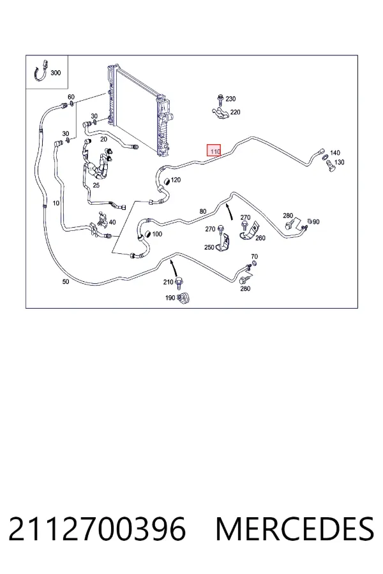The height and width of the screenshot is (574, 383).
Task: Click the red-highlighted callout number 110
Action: point(214,151)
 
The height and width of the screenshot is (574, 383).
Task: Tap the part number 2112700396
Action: point(97,529)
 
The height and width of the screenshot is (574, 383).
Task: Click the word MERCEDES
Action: point(295,529)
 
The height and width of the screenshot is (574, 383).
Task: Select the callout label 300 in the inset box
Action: point(56,73)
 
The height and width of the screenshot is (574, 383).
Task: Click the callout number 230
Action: point(230,99)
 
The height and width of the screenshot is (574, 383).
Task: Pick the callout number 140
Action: point(335,152)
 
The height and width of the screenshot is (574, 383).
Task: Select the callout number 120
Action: point(176,180)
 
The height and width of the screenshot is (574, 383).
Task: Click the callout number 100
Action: point(157,234)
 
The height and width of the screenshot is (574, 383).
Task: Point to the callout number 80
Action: point(203,211)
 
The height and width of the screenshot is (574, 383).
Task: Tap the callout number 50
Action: point(66,281)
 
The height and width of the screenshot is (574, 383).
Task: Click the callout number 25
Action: point(96,185)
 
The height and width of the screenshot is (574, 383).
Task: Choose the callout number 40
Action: point(112,222)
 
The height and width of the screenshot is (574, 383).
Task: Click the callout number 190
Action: point(170,298)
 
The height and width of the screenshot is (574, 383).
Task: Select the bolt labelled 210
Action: point(179,283)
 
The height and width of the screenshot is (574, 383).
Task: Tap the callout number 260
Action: point(260,238)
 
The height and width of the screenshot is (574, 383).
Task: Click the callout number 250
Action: point(209,247)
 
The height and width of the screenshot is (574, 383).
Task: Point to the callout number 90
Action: point(317,221)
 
